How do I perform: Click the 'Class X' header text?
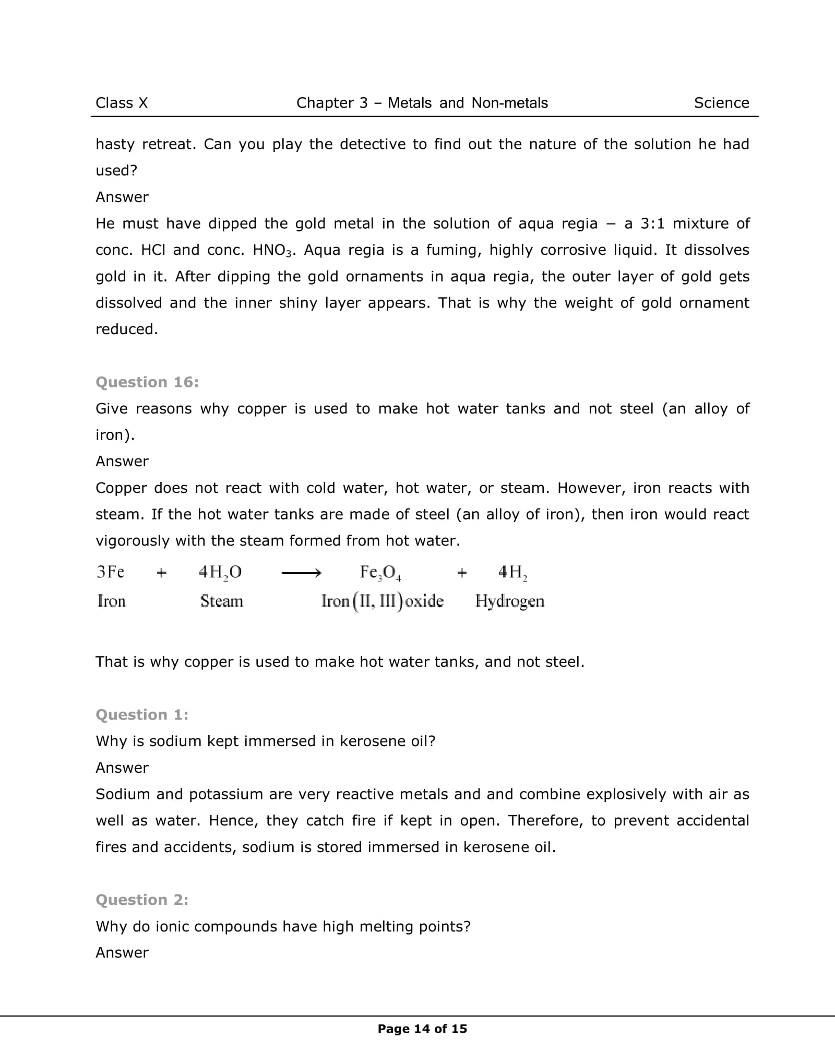[x=122, y=103]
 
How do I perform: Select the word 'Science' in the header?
[x=721, y=103]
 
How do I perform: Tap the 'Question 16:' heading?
[x=147, y=382]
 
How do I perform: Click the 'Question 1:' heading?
[x=142, y=715]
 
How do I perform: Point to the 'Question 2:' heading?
[x=142, y=900]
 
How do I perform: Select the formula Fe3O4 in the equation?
[x=380, y=573]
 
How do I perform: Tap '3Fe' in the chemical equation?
[x=111, y=572]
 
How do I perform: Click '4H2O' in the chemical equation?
[x=220, y=573]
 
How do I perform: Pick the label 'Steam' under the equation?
[x=222, y=601]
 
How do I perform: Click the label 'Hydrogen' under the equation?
[x=509, y=601]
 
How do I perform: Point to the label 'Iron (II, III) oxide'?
[x=382, y=601]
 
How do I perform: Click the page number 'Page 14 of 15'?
[x=422, y=1029]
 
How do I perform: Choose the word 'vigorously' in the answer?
[x=132, y=541]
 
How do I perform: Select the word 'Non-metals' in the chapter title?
[x=509, y=103]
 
